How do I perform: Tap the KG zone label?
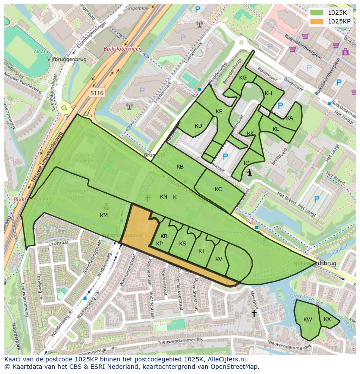pyautogui.click(x=243, y=78)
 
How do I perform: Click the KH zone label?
pyautogui.click(x=268, y=93)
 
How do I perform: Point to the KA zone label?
pyautogui.click(x=290, y=118)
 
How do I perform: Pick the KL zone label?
pyautogui.click(x=276, y=129)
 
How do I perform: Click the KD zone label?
pyautogui.click(x=198, y=126)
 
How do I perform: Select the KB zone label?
pyautogui.click(x=180, y=167)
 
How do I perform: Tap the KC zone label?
pyautogui.click(x=218, y=189)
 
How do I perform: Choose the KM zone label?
pyautogui.click(x=103, y=215)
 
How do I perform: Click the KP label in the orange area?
pyautogui.click(x=159, y=244)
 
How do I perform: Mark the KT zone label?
pyautogui.click(x=201, y=251)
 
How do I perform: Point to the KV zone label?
pyautogui.click(x=219, y=259)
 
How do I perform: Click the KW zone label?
pyautogui.click(x=308, y=320)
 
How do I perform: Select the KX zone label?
pyautogui.click(x=327, y=319)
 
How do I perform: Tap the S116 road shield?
pyautogui.click(x=97, y=93)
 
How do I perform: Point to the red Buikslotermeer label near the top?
pyautogui.click(x=122, y=49)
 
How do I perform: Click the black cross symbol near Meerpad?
pyautogui.click(x=254, y=313)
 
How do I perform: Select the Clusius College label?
pyautogui.click(x=85, y=157)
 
